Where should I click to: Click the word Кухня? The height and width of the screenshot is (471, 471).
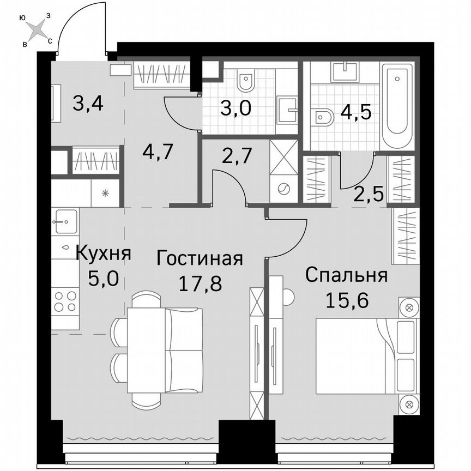tap(103, 253)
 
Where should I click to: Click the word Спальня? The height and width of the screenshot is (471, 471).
tap(346, 275)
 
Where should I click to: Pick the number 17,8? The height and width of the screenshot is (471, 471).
tap(200, 283)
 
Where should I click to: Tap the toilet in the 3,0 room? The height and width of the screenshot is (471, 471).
tap(246, 82)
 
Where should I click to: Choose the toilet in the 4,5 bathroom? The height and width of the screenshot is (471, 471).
tap(324, 116)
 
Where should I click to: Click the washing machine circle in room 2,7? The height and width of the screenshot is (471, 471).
tap(284, 190)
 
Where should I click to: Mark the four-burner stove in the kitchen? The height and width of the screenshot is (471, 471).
tap(65, 301)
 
